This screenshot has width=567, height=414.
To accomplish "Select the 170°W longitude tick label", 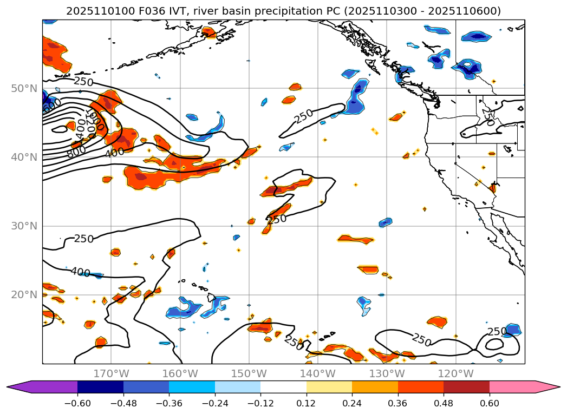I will pos(111,373).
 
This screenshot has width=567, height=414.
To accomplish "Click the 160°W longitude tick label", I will pos(180,373).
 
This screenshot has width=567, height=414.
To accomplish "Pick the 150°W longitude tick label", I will pos(249,373).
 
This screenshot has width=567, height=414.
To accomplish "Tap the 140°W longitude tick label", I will pos(317,373).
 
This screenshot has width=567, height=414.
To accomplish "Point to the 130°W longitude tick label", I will pos(386,373).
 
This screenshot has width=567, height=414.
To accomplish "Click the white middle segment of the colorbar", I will pos(283,386).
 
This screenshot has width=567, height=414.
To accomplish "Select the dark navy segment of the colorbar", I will pos(100,386).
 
